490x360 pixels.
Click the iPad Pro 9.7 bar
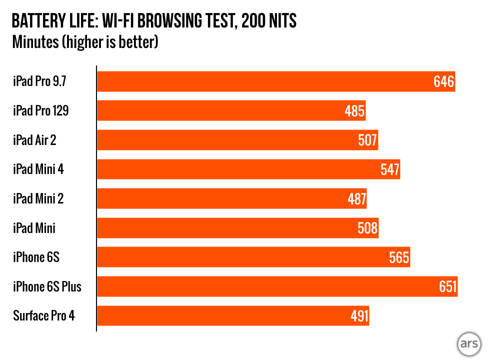click(275, 81)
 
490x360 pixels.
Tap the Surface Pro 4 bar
click(233, 316)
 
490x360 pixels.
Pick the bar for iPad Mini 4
click(248, 169)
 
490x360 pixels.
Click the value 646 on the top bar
click(443, 81)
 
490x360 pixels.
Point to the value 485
click(354, 111)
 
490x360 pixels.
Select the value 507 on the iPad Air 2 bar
click(367, 140)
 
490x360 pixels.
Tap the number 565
click(399, 257)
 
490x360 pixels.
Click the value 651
click(446, 287)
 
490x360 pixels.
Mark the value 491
click(358, 316)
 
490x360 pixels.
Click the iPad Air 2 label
click(34, 140)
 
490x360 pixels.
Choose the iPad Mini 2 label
click(38, 199)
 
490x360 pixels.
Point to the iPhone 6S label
click(36, 257)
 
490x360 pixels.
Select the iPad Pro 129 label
click(40, 111)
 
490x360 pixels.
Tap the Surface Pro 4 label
click(44, 316)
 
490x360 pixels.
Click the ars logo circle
click(469, 344)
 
